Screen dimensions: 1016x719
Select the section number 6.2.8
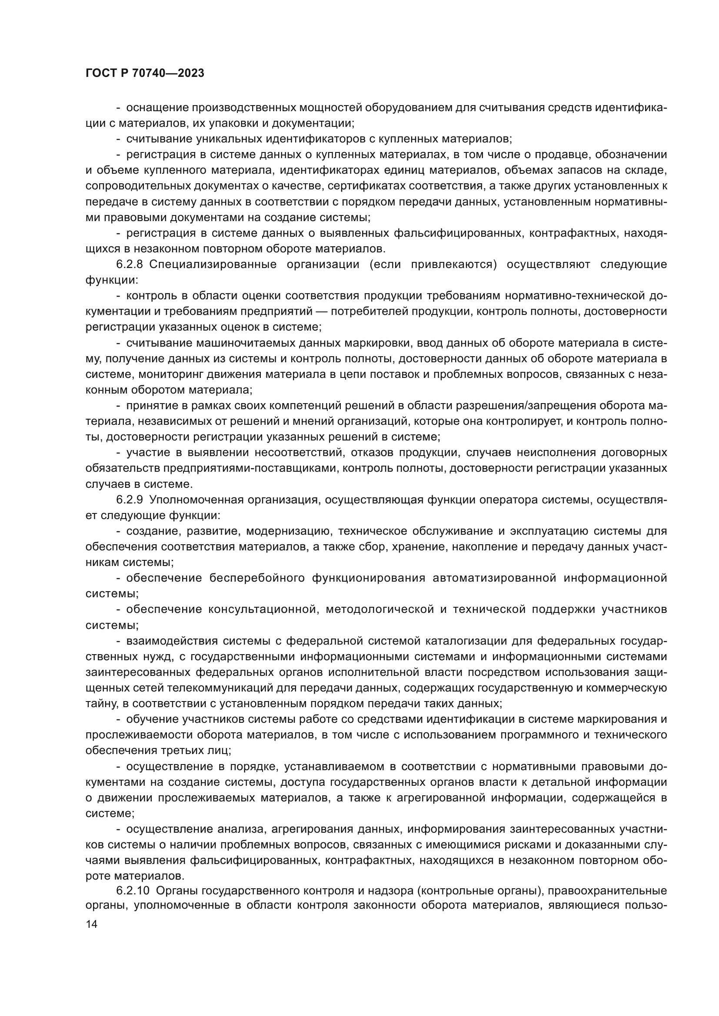(x=129, y=265)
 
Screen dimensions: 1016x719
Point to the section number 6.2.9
(x=129, y=500)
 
